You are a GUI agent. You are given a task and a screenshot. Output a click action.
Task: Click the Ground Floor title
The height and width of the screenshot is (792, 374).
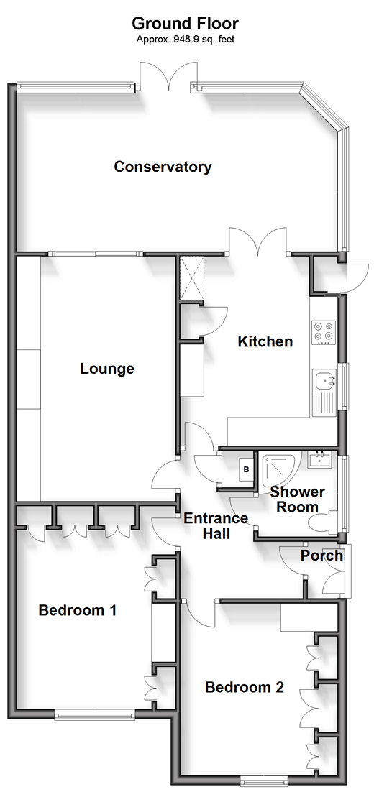pos(186,25)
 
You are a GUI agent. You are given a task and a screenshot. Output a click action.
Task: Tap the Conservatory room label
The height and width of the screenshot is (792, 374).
pos(163,167)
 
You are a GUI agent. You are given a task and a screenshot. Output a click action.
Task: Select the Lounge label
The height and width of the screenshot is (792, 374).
pos(107,369)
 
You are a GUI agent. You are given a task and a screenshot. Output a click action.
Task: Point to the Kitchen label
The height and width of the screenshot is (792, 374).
pos(265,341)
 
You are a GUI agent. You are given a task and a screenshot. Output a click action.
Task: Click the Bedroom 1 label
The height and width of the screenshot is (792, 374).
pos(78,610)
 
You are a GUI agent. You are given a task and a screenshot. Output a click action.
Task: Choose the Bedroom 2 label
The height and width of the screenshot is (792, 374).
pos(245,687)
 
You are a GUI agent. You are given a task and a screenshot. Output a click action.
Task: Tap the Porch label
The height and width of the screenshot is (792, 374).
pos(321,556)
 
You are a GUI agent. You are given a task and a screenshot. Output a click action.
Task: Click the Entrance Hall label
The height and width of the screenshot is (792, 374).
pos(216,526)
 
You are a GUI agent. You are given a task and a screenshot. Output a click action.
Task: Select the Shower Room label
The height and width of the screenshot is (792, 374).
pos(297,499)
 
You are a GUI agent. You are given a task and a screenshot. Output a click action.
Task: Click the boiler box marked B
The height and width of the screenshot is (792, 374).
pos(247,470)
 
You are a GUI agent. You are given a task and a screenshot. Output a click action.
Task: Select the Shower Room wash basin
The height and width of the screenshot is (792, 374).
pos(319,459)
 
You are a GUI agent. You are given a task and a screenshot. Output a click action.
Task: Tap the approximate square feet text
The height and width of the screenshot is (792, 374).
pos(186,40)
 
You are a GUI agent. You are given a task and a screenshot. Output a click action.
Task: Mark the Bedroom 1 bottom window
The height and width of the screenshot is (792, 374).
pos(95,714)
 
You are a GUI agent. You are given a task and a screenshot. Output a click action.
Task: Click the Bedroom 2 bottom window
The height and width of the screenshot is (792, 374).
pos(264,780)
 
